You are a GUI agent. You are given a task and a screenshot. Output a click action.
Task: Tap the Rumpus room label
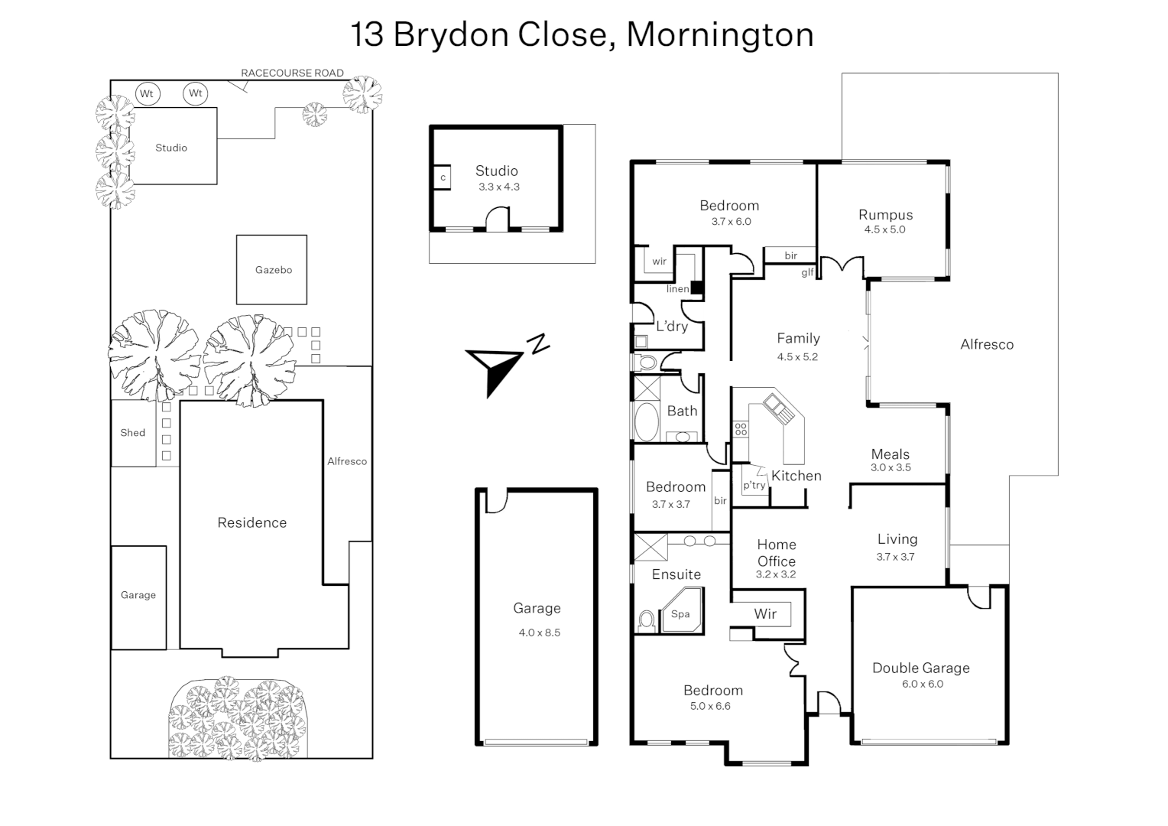[885, 215]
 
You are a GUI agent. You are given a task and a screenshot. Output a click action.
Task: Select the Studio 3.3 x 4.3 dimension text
[499, 187]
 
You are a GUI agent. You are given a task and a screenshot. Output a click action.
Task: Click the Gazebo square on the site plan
[271, 269]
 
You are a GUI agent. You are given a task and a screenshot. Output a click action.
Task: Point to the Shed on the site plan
[133, 433]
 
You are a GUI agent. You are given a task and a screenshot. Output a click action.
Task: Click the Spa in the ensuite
[680, 613]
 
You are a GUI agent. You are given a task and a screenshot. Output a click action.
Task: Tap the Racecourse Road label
[292, 73]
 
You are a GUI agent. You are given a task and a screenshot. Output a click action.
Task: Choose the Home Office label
[777, 552]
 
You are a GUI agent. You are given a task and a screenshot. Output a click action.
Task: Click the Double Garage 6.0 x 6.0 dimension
[923, 685]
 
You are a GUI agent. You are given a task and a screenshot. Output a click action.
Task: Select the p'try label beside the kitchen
[754, 486]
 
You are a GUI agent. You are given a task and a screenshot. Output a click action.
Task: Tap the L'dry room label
[672, 327]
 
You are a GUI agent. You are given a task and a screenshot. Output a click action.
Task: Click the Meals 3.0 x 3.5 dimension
[891, 468]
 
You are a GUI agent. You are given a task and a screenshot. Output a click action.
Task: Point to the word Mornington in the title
[720, 34]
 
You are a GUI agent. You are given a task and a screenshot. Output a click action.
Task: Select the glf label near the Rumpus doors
[807, 272]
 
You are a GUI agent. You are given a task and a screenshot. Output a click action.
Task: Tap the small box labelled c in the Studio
[443, 177]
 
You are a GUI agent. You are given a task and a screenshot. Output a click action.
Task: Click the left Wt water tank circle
[147, 93]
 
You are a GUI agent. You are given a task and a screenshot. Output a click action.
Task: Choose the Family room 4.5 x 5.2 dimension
[797, 357]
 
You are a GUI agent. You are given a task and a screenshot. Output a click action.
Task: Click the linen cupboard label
[677, 289]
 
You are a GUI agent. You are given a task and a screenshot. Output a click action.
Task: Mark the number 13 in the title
[367, 34]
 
